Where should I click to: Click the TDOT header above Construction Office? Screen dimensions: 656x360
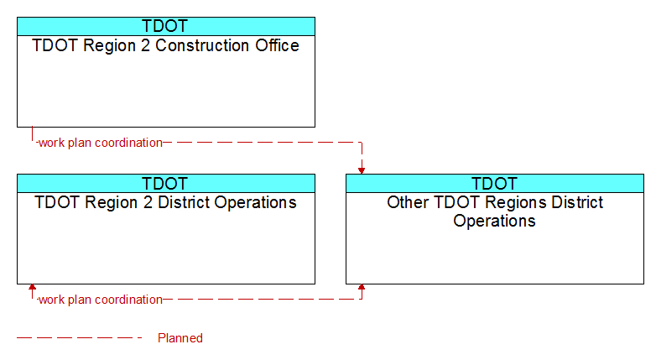coord(165,26)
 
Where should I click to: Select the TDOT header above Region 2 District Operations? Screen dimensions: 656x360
coord(165,183)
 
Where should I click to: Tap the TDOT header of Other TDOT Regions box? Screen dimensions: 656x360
coord(494,183)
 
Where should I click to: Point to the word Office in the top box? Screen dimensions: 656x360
coord(278,45)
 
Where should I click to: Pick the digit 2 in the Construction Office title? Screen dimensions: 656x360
coord(145,45)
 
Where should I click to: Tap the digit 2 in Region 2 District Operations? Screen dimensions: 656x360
coord(148,202)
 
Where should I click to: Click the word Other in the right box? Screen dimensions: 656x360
coord(409,202)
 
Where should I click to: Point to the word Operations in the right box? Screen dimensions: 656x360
coord(494,222)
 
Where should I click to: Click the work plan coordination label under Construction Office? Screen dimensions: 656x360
coord(101,143)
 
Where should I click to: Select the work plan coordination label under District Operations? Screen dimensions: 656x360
coord(101,300)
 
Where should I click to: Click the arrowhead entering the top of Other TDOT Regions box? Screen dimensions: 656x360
coord(362,171)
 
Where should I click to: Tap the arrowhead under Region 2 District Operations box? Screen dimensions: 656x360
coord(32,287)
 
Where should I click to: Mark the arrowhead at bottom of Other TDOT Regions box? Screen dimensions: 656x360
coord(362,287)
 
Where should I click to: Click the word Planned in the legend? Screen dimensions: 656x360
coord(180,338)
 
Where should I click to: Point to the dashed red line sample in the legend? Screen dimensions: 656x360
coord(80,338)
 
